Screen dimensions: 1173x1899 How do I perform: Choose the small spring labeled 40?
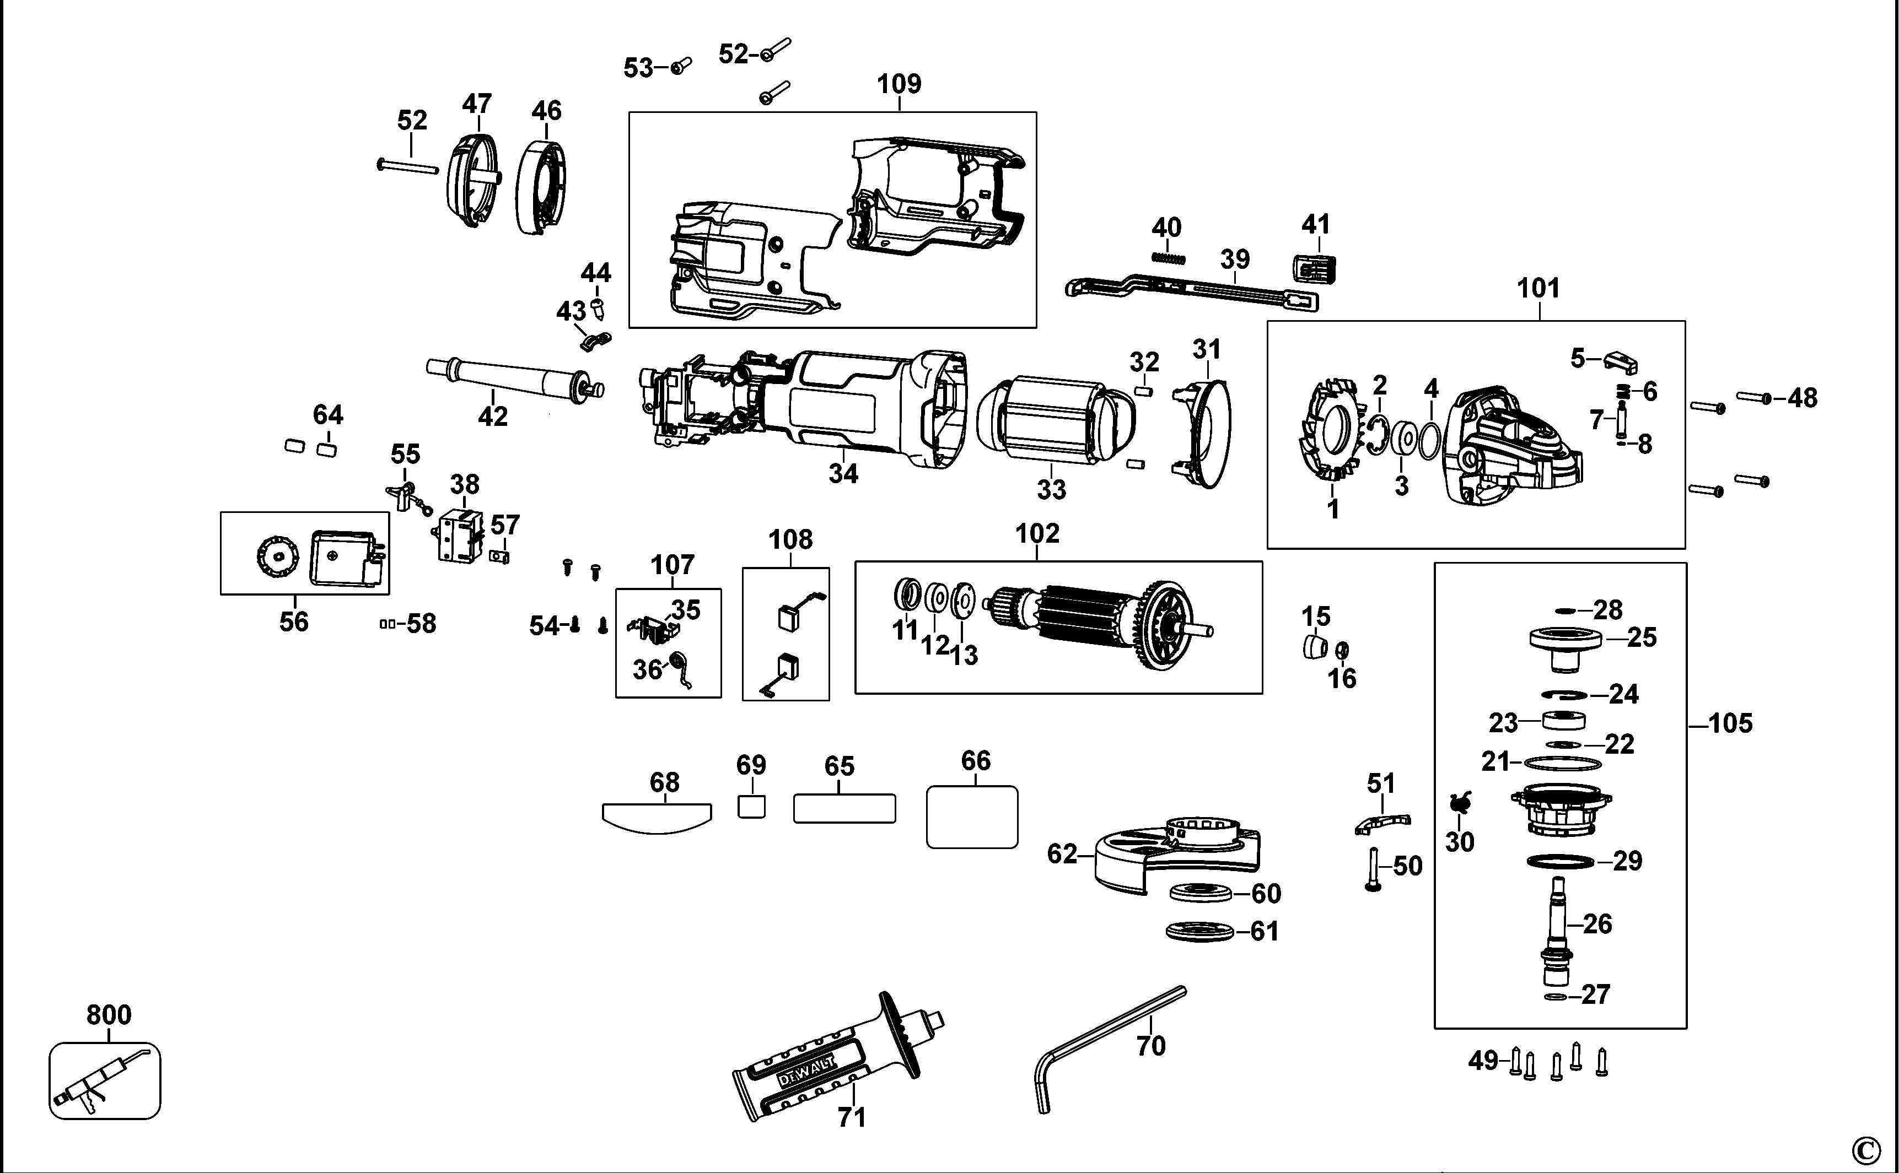1169,257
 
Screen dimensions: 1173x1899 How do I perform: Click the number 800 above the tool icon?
109,1015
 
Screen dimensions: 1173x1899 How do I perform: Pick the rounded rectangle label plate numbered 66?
972,817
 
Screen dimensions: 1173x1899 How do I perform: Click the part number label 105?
1730,724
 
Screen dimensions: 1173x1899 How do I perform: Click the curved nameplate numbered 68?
657,818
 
